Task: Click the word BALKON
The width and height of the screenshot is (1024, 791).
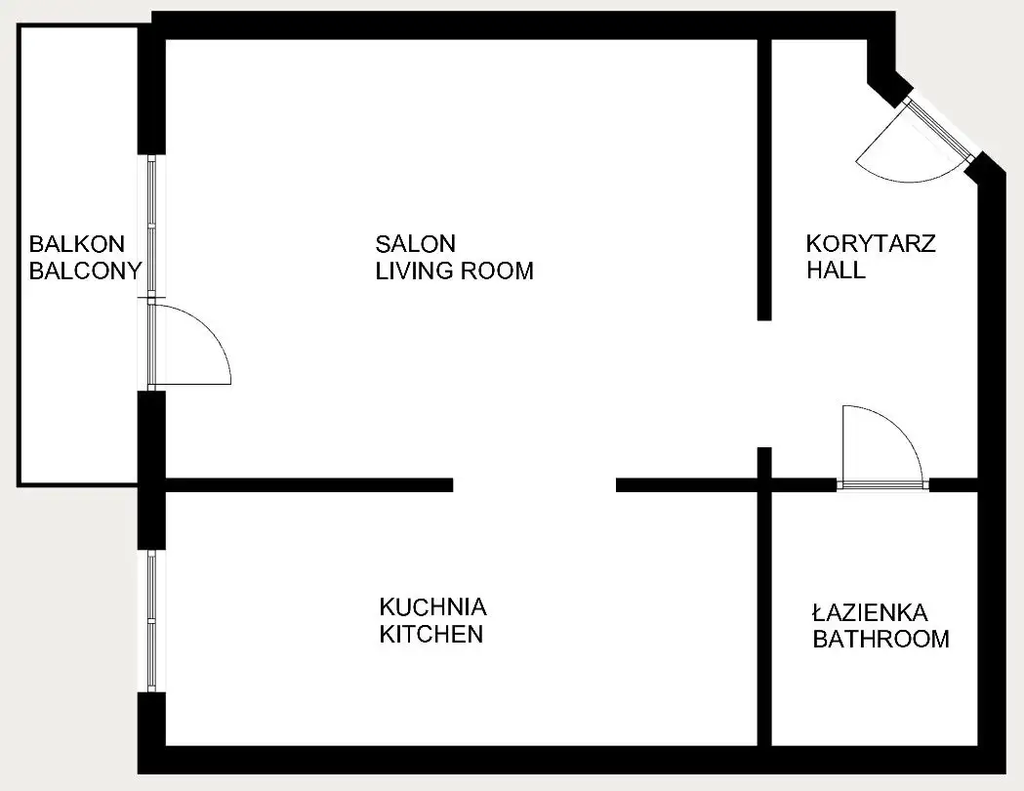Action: (x=76, y=244)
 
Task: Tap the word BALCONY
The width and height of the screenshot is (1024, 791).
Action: (x=86, y=271)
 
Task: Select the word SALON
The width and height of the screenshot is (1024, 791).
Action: (x=415, y=243)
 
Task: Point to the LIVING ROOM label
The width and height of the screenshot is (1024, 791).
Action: (x=455, y=271)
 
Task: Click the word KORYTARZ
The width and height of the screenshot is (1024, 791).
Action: (x=871, y=243)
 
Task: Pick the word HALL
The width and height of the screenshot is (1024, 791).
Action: (x=836, y=270)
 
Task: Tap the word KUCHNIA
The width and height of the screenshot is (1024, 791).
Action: (x=433, y=606)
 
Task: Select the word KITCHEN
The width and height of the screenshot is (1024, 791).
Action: (x=431, y=634)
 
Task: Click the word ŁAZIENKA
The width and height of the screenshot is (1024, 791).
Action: (x=870, y=612)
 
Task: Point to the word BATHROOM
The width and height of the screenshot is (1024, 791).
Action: (x=881, y=639)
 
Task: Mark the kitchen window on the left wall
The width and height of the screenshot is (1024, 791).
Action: (x=151, y=620)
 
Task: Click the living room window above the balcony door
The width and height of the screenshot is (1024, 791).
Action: (x=151, y=226)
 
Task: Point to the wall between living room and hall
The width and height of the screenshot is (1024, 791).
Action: (x=764, y=180)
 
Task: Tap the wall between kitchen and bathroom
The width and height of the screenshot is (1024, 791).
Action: (x=764, y=618)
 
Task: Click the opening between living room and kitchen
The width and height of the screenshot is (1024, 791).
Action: (x=534, y=484)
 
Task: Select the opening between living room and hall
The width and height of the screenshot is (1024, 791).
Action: (x=764, y=384)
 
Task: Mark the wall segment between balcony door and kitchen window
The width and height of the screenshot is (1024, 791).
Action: (x=151, y=470)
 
